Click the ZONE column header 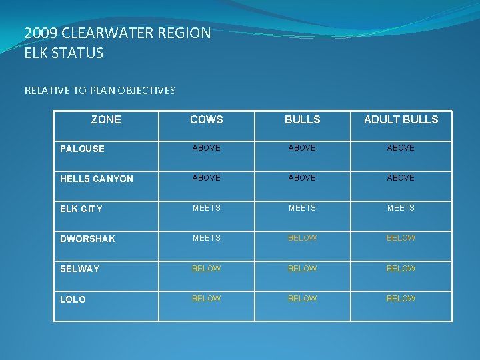point(106,120)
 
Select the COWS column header point(207,120)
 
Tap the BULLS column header point(302,120)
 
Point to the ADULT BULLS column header point(401,120)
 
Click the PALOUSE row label point(82,149)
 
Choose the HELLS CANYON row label point(97,179)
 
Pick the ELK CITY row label point(81,209)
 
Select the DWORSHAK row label point(87,239)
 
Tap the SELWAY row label point(79,269)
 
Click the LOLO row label point(73,299)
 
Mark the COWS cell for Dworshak point(206,238)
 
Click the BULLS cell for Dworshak point(302,238)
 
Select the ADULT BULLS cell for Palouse point(401,148)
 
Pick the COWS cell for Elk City point(206,208)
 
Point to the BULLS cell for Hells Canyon point(302,178)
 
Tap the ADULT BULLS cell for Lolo point(401,299)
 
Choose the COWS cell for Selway point(206,268)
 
